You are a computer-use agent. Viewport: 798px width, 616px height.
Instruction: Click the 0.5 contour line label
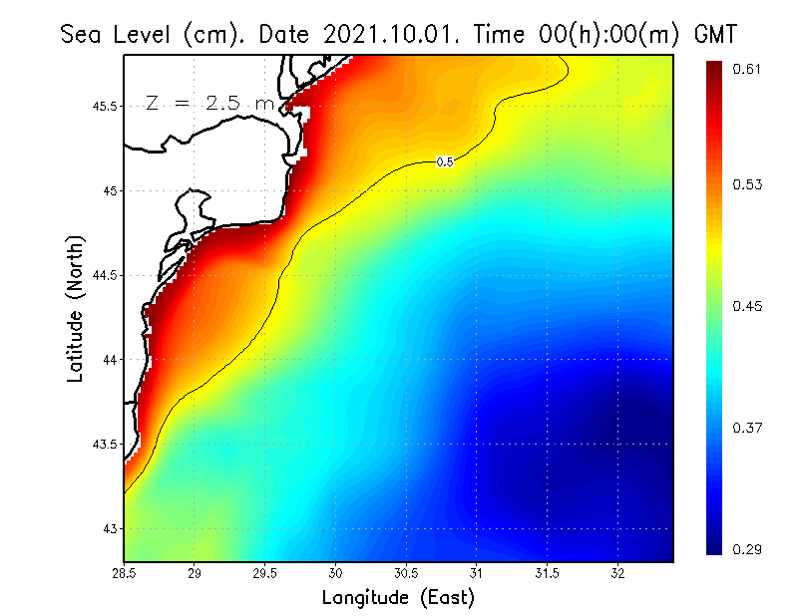click(445, 161)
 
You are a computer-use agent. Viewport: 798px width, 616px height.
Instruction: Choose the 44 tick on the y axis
click(109, 359)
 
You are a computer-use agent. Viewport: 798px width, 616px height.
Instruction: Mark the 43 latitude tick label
click(109, 528)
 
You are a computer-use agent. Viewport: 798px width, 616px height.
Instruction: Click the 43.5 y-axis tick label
click(104, 444)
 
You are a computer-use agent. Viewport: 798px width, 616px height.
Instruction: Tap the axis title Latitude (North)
click(76, 308)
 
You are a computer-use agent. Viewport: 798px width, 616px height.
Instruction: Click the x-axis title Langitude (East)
click(398, 598)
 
